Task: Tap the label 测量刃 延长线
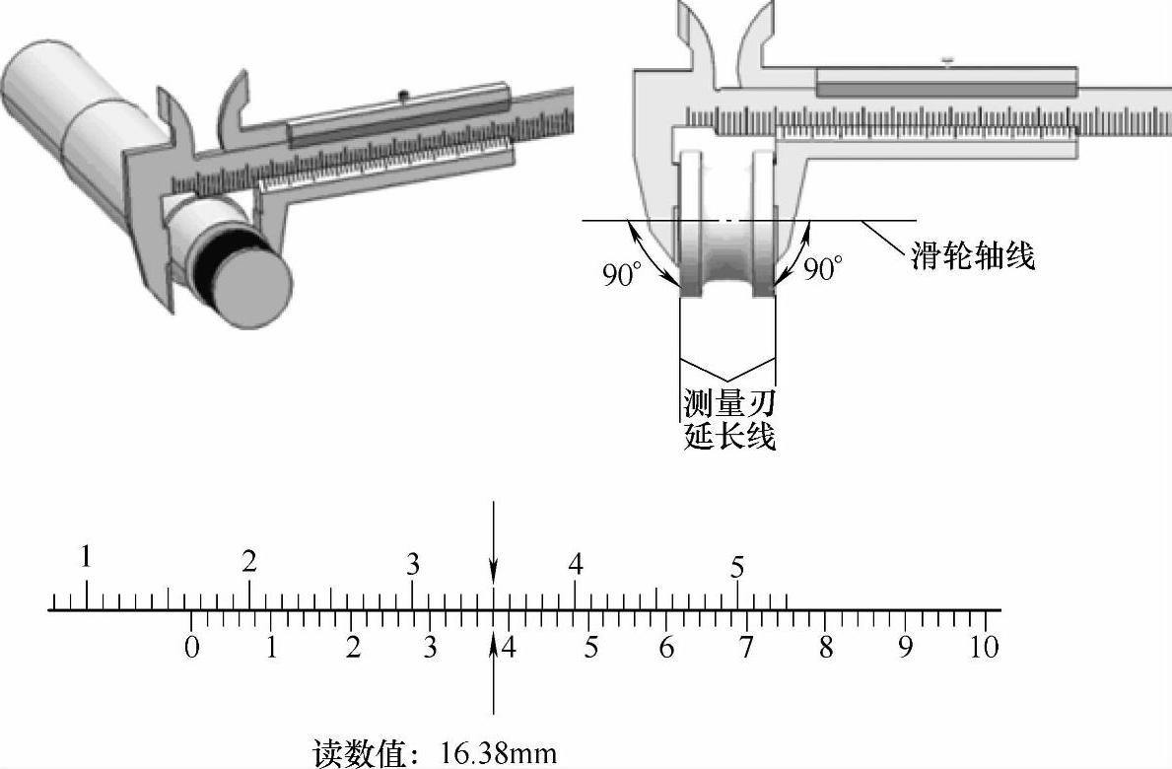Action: (729, 419)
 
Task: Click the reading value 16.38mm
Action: (498, 754)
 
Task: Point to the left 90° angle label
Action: (623, 273)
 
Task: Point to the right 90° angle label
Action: (823, 268)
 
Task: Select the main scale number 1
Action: (87, 558)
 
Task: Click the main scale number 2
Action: (249, 562)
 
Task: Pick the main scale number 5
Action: (737, 568)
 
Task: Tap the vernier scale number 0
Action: (192, 648)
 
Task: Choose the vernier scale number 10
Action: (984, 648)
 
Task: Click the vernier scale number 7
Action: (746, 648)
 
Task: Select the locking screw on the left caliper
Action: (403, 95)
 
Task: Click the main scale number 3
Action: (413, 565)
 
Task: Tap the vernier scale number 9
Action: (905, 648)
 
